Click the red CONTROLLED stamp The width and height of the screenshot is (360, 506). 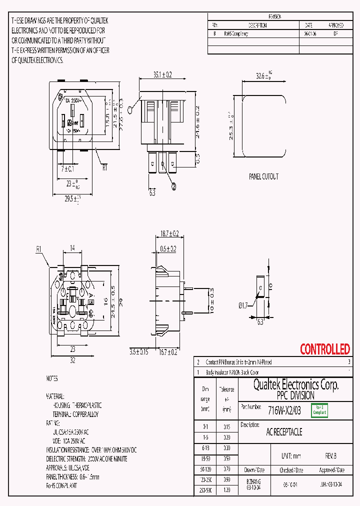click(x=324, y=349)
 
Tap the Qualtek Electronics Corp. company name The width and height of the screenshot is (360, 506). click(x=295, y=385)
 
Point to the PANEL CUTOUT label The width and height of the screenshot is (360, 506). click(x=263, y=176)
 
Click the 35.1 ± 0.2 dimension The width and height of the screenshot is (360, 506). click(x=162, y=75)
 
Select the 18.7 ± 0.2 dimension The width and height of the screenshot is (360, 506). click(x=169, y=233)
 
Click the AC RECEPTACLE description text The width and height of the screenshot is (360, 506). click(x=284, y=431)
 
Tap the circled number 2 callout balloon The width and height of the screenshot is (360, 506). click(x=173, y=186)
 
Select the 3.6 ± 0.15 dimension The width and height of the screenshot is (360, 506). click(x=138, y=352)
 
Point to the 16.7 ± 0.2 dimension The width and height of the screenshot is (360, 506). click(x=168, y=352)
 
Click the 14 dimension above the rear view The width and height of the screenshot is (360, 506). click(x=72, y=248)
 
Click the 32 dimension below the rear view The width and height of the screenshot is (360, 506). click(x=72, y=359)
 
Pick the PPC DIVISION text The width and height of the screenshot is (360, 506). click(x=295, y=395)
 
